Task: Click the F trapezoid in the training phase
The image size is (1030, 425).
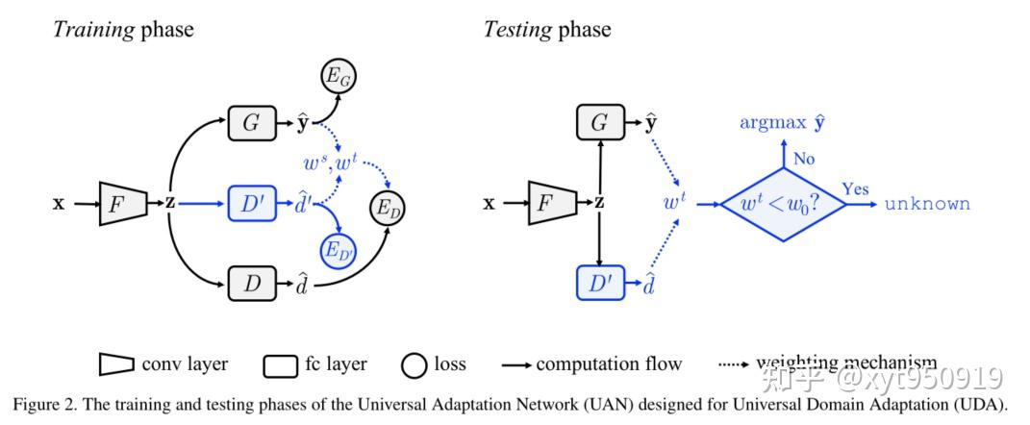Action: [x=121, y=204]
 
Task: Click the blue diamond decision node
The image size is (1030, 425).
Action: [x=787, y=203]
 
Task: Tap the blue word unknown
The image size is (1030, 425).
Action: [x=927, y=204]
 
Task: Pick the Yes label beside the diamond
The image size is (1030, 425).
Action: [x=855, y=188]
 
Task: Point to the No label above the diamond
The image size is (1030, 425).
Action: [x=804, y=158]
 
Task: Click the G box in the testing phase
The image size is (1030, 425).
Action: [x=598, y=124]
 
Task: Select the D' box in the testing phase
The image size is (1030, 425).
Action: [x=598, y=283]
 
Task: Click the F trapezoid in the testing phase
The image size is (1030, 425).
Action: [x=550, y=204]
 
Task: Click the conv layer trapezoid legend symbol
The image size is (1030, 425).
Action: [x=116, y=364]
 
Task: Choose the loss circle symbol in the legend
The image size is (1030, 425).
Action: [x=415, y=364]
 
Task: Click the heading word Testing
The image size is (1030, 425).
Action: [x=515, y=30]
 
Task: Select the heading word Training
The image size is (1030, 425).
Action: [x=93, y=30]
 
